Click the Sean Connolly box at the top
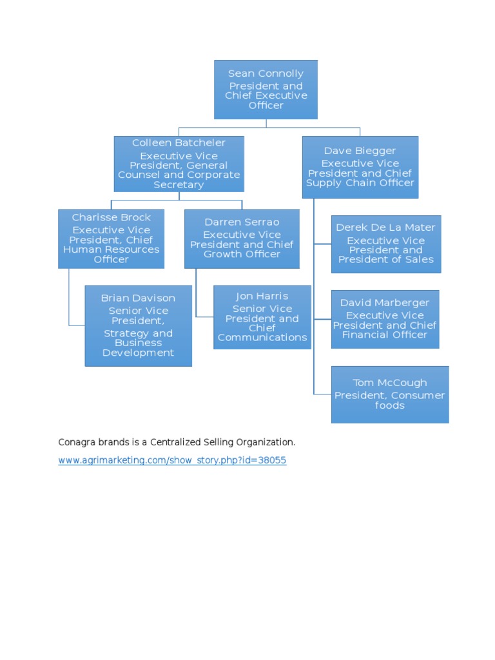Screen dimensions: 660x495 click(x=266, y=90)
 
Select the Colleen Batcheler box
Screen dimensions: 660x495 click(x=179, y=164)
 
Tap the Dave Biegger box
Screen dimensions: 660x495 click(x=360, y=167)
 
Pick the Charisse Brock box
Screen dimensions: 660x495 click(x=111, y=238)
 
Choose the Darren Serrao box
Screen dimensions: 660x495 click(x=242, y=238)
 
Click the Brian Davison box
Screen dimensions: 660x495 click(x=138, y=326)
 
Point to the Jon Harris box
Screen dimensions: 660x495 click(x=262, y=317)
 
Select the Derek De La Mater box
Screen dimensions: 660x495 click(x=386, y=244)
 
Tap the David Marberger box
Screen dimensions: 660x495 click(x=385, y=319)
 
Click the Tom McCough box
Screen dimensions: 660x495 click(x=389, y=394)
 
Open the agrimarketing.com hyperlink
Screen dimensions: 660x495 click(x=172, y=461)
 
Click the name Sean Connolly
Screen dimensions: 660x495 click(x=266, y=73)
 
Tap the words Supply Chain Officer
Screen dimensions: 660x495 click(x=360, y=183)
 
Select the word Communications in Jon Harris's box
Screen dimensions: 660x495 click(x=262, y=337)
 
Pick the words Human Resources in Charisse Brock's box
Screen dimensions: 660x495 click(x=111, y=249)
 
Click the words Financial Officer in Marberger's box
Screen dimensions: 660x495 click(x=385, y=335)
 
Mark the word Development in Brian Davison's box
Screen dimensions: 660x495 click(x=138, y=353)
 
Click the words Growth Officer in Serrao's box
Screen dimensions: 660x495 click(x=242, y=254)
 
